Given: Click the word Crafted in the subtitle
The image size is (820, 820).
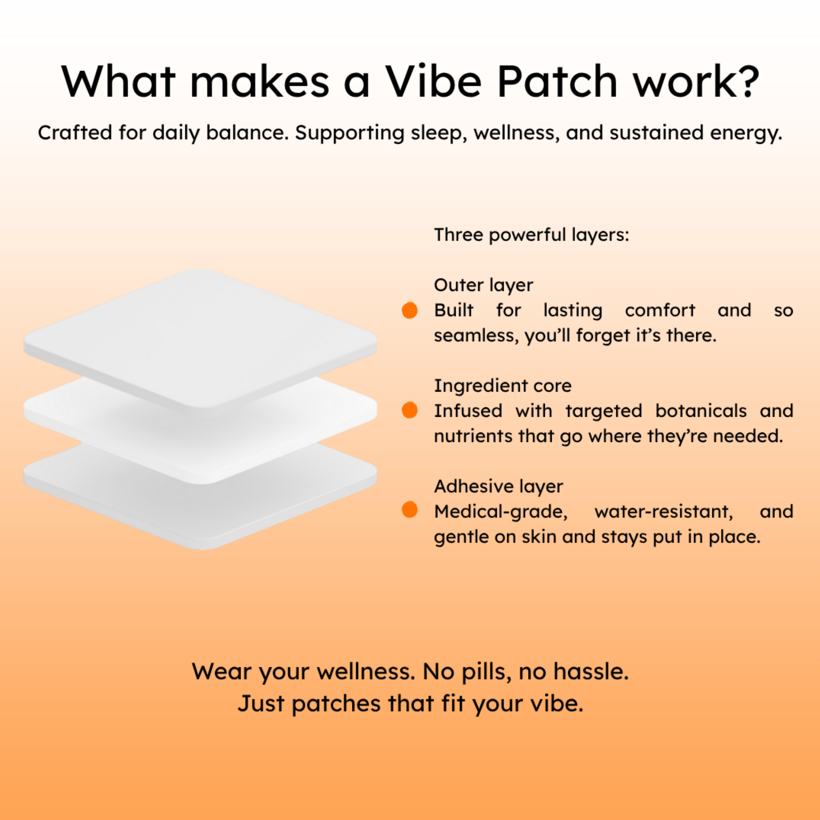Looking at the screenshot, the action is coord(75,133).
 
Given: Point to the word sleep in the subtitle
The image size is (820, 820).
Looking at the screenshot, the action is coord(439,133).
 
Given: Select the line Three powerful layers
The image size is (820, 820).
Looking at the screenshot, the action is coord(531,235).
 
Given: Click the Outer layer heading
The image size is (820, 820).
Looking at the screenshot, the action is coord(483,285).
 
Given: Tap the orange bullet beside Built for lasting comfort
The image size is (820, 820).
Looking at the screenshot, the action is coord(410,310).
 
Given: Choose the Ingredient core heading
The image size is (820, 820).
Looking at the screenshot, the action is coord(502,386).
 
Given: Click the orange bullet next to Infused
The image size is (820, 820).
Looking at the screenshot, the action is coord(410,410).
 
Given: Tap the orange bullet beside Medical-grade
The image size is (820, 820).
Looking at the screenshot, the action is coord(410,510).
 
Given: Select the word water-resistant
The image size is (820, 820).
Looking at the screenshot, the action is coord(664,512).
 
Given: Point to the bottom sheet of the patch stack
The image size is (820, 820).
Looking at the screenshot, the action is coord(200,505).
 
